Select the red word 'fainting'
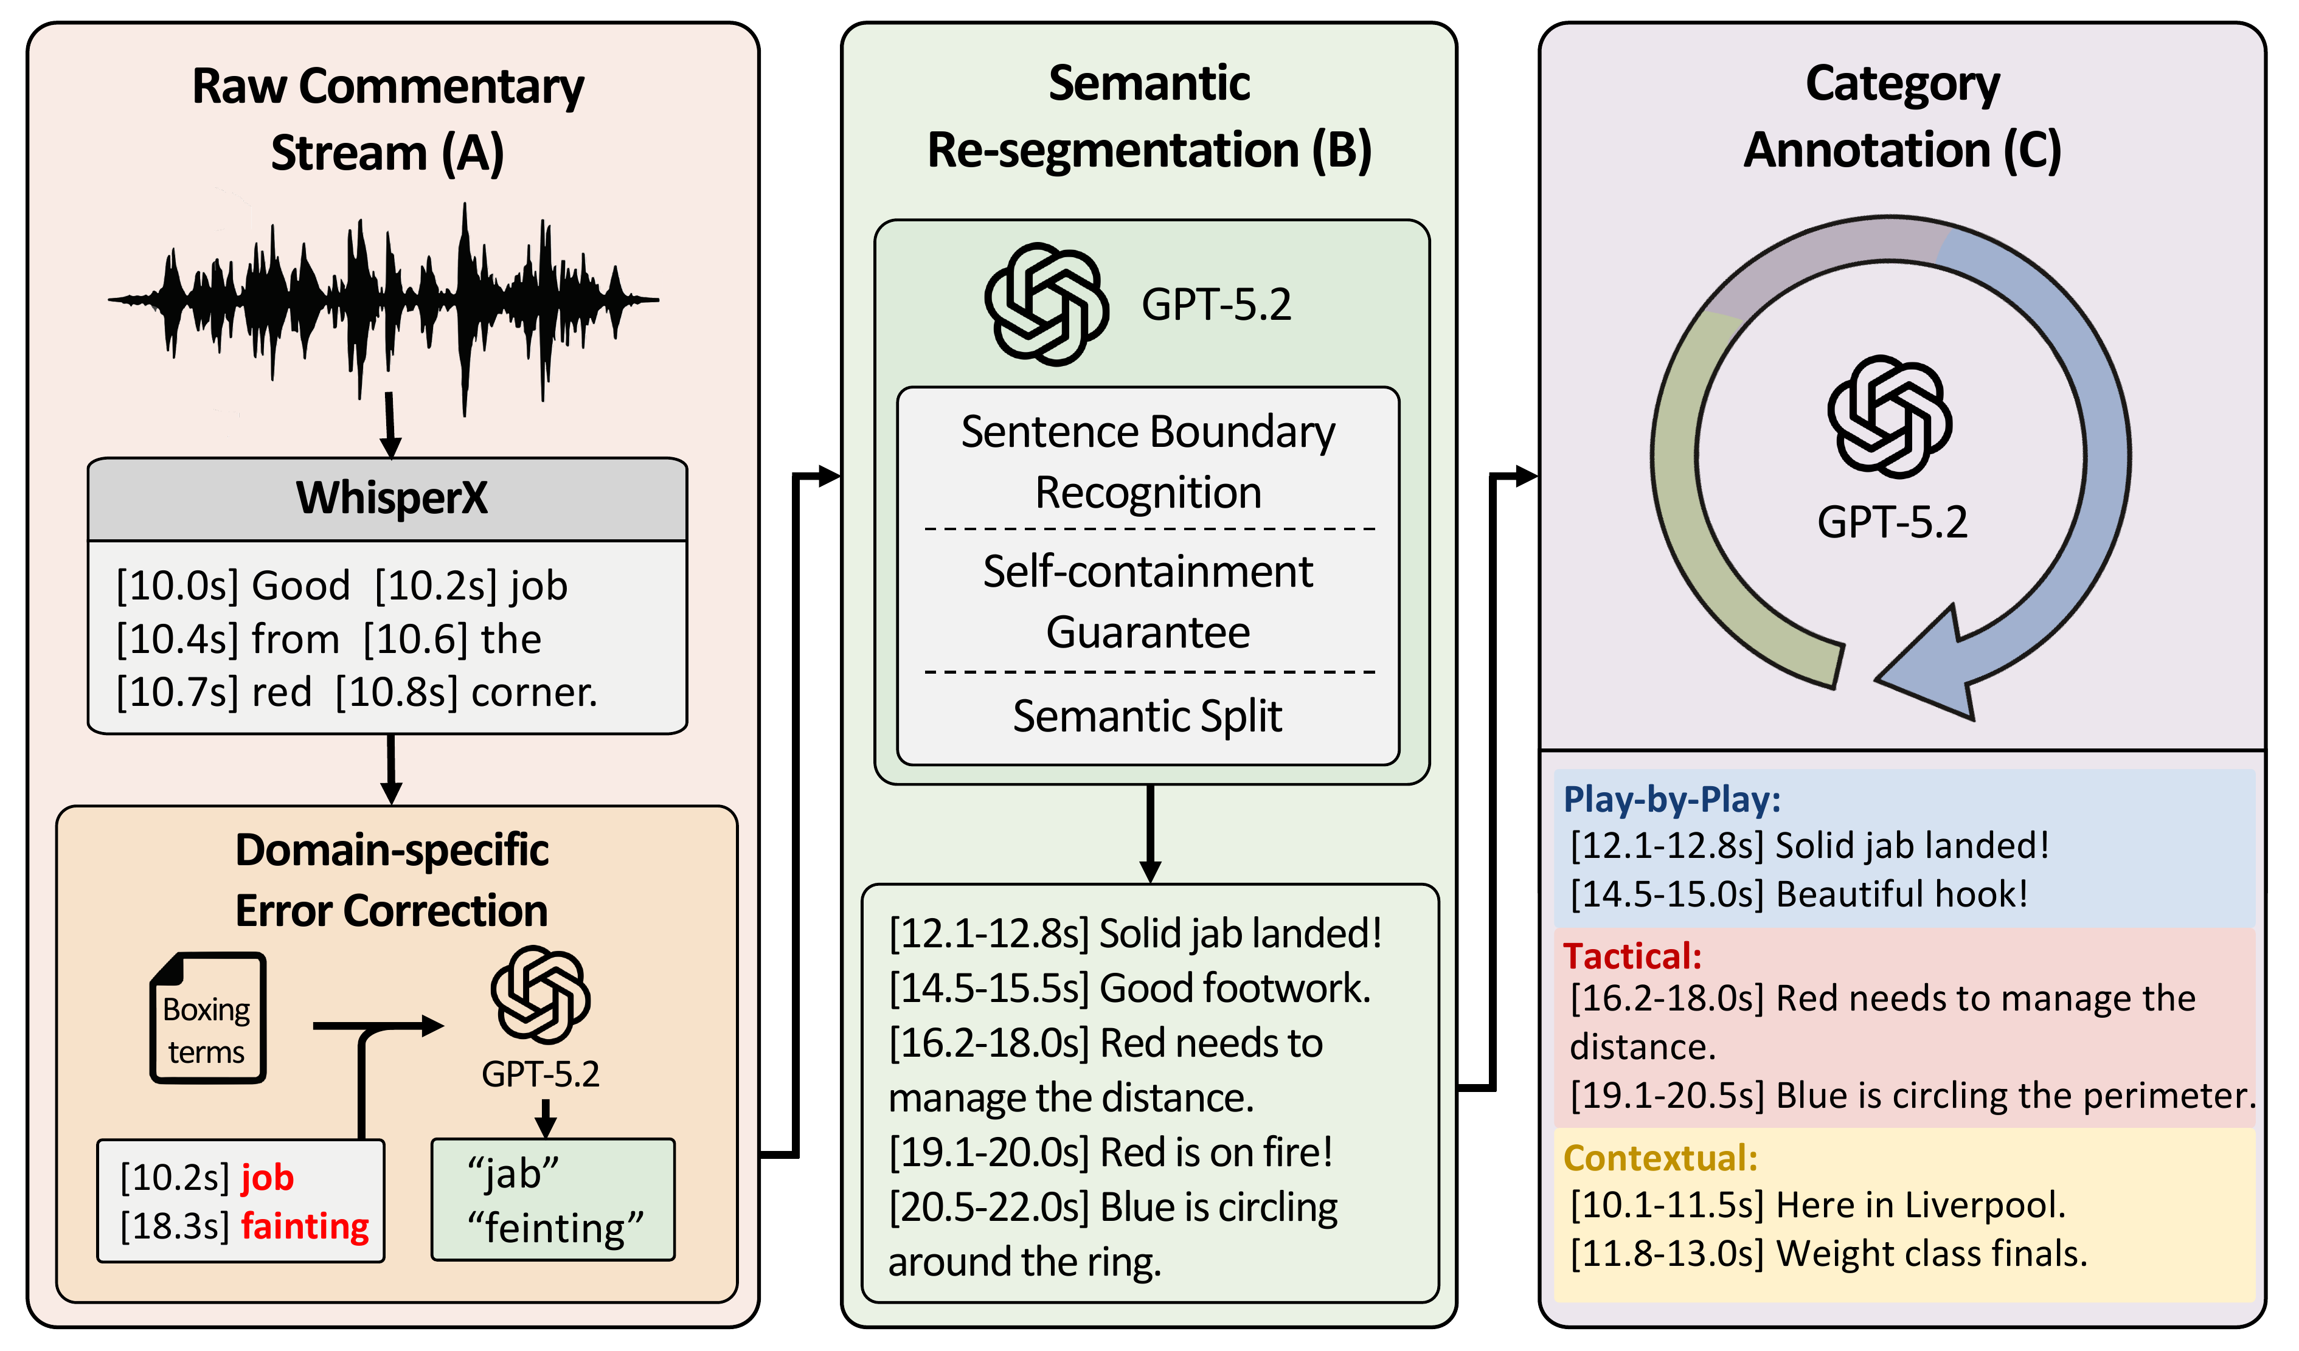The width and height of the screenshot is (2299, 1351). (305, 1225)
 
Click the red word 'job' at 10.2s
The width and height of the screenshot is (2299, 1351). (266, 1178)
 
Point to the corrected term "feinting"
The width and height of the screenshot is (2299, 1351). (555, 1227)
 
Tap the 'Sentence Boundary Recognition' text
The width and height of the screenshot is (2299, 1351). (1147, 461)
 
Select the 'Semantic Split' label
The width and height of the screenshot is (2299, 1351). (1147, 716)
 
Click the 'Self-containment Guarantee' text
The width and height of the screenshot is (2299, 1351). (1147, 601)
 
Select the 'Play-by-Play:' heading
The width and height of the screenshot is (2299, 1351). (1671, 799)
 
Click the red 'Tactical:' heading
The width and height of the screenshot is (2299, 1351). (1632, 956)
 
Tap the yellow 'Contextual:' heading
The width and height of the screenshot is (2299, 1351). (1659, 1158)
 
